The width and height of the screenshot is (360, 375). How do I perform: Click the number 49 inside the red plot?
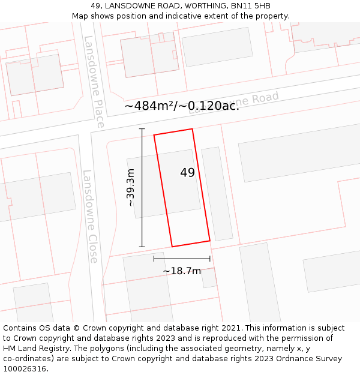click(187, 173)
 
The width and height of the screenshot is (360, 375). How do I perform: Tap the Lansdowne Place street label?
click(94, 82)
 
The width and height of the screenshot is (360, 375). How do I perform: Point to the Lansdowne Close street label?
click(91, 216)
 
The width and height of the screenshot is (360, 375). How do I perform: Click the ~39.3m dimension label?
click(130, 188)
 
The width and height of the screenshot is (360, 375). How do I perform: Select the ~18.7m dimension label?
click(182, 271)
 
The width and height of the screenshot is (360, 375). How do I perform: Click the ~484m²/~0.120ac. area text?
click(182, 106)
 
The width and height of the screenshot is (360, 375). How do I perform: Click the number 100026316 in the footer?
click(25, 369)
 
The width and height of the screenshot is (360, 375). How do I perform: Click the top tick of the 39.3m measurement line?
click(142, 129)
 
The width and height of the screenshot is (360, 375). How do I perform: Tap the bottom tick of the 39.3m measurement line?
click(142, 247)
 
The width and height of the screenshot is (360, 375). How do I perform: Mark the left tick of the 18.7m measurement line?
click(154, 259)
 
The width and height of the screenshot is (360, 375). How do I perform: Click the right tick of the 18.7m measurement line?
click(210, 259)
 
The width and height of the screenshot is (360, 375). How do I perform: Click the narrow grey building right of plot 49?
click(217, 194)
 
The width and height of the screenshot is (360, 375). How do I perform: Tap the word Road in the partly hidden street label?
click(265, 98)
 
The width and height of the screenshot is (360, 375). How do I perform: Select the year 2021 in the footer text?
click(230, 328)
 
